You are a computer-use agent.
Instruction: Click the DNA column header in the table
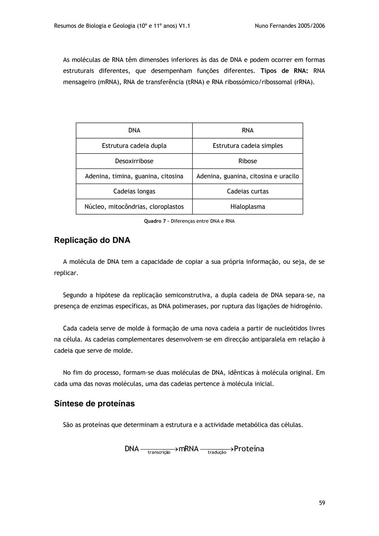click(134, 131)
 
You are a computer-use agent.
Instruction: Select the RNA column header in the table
click(247, 131)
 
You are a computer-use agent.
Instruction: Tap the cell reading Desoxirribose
click(134, 161)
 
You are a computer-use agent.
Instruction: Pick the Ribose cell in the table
click(247, 161)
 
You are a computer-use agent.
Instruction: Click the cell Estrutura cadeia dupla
click(134, 146)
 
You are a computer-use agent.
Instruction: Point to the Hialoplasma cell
click(247, 207)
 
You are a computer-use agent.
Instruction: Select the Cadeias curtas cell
click(247, 191)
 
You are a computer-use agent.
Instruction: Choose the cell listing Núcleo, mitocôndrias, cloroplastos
click(134, 207)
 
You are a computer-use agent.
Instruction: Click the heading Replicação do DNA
click(92, 240)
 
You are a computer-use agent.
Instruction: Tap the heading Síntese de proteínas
click(94, 404)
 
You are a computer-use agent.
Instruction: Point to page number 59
click(322, 503)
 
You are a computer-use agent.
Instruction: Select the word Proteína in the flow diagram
click(249, 449)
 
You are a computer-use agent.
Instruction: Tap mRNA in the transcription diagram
click(188, 449)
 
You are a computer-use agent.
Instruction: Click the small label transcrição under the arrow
click(159, 452)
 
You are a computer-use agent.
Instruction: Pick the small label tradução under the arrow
click(217, 452)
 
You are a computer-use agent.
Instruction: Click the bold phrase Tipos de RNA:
click(284, 71)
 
